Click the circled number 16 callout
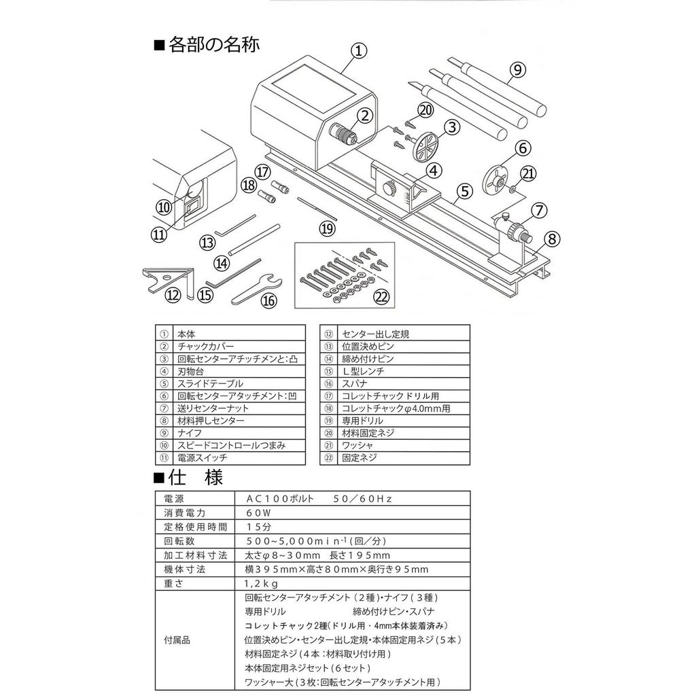click(x=269, y=299)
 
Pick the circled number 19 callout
click(x=327, y=228)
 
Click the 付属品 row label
click(x=177, y=640)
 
